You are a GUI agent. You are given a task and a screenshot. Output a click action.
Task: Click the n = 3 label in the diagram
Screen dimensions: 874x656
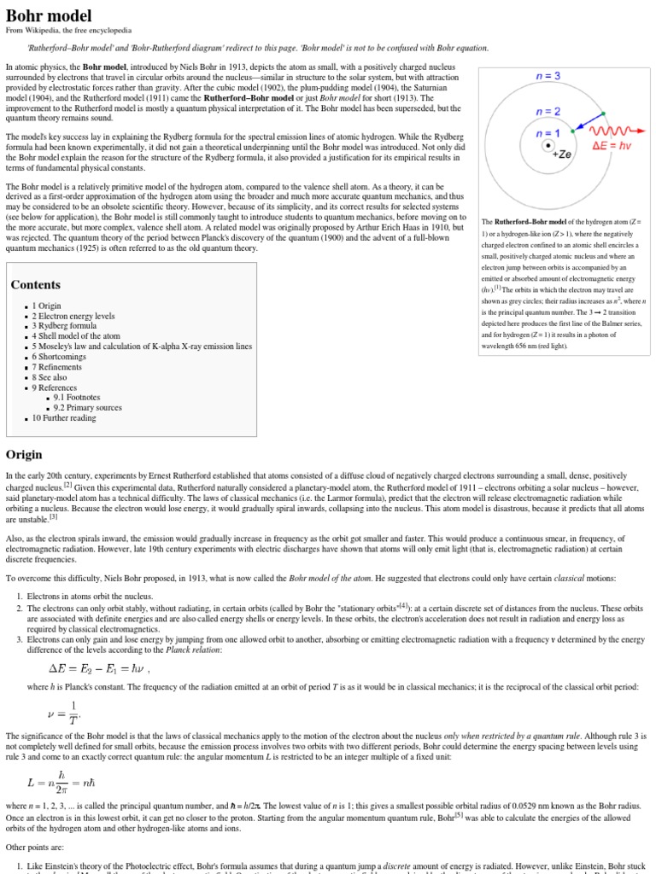click(548, 76)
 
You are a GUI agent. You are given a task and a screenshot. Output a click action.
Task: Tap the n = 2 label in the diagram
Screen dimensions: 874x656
click(548, 111)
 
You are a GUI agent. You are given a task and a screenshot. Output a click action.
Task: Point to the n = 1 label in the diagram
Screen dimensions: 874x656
click(548, 133)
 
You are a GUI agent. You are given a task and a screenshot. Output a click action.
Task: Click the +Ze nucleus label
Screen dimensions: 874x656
click(561, 154)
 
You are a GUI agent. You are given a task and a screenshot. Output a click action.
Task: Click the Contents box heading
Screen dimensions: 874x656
click(35, 284)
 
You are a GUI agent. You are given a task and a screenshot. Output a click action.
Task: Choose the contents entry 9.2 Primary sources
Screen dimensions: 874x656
click(87, 408)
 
